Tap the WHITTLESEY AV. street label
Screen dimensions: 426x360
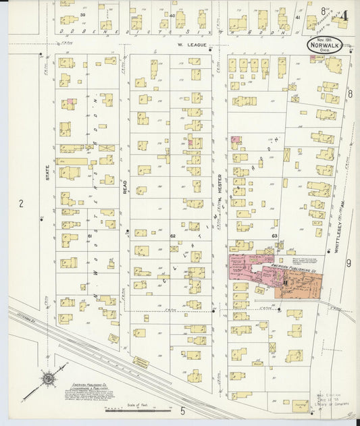(336, 236)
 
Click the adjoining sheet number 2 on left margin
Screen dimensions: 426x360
(22, 203)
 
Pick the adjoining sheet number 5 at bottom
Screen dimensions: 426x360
(182, 410)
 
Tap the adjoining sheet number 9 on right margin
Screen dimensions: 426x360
(349, 263)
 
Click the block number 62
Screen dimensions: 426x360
(173, 236)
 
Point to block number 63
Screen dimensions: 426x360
(275, 236)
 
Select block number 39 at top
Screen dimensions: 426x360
(84, 14)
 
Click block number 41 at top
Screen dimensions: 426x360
(297, 18)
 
